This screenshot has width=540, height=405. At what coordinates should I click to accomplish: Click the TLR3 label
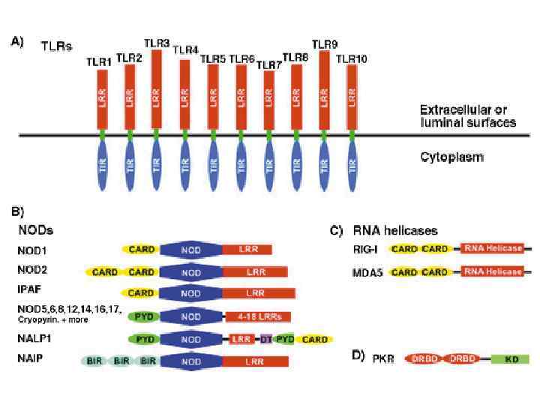click(x=156, y=43)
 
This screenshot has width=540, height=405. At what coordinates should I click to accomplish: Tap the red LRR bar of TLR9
click(x=325, y=90)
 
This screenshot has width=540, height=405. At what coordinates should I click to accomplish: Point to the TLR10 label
click(x=351, y=58)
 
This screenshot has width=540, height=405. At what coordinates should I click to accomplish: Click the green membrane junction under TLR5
click(x=213, y=135)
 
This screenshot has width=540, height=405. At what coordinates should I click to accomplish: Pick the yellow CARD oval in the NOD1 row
click(x=142, y=250)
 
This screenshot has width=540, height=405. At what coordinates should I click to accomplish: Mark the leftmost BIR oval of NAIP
click(x=94, y=361)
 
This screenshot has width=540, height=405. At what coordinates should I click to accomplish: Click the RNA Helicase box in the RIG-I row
click(x=493, y=249)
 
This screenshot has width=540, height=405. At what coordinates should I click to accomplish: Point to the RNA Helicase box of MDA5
click(x=493, y=272)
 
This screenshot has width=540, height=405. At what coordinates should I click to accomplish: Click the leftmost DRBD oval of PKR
click(x=424, y=359)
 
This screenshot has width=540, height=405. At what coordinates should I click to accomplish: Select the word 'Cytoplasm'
click(x=451, y=158)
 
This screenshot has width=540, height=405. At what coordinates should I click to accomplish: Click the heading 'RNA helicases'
click(x=395, y=230)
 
